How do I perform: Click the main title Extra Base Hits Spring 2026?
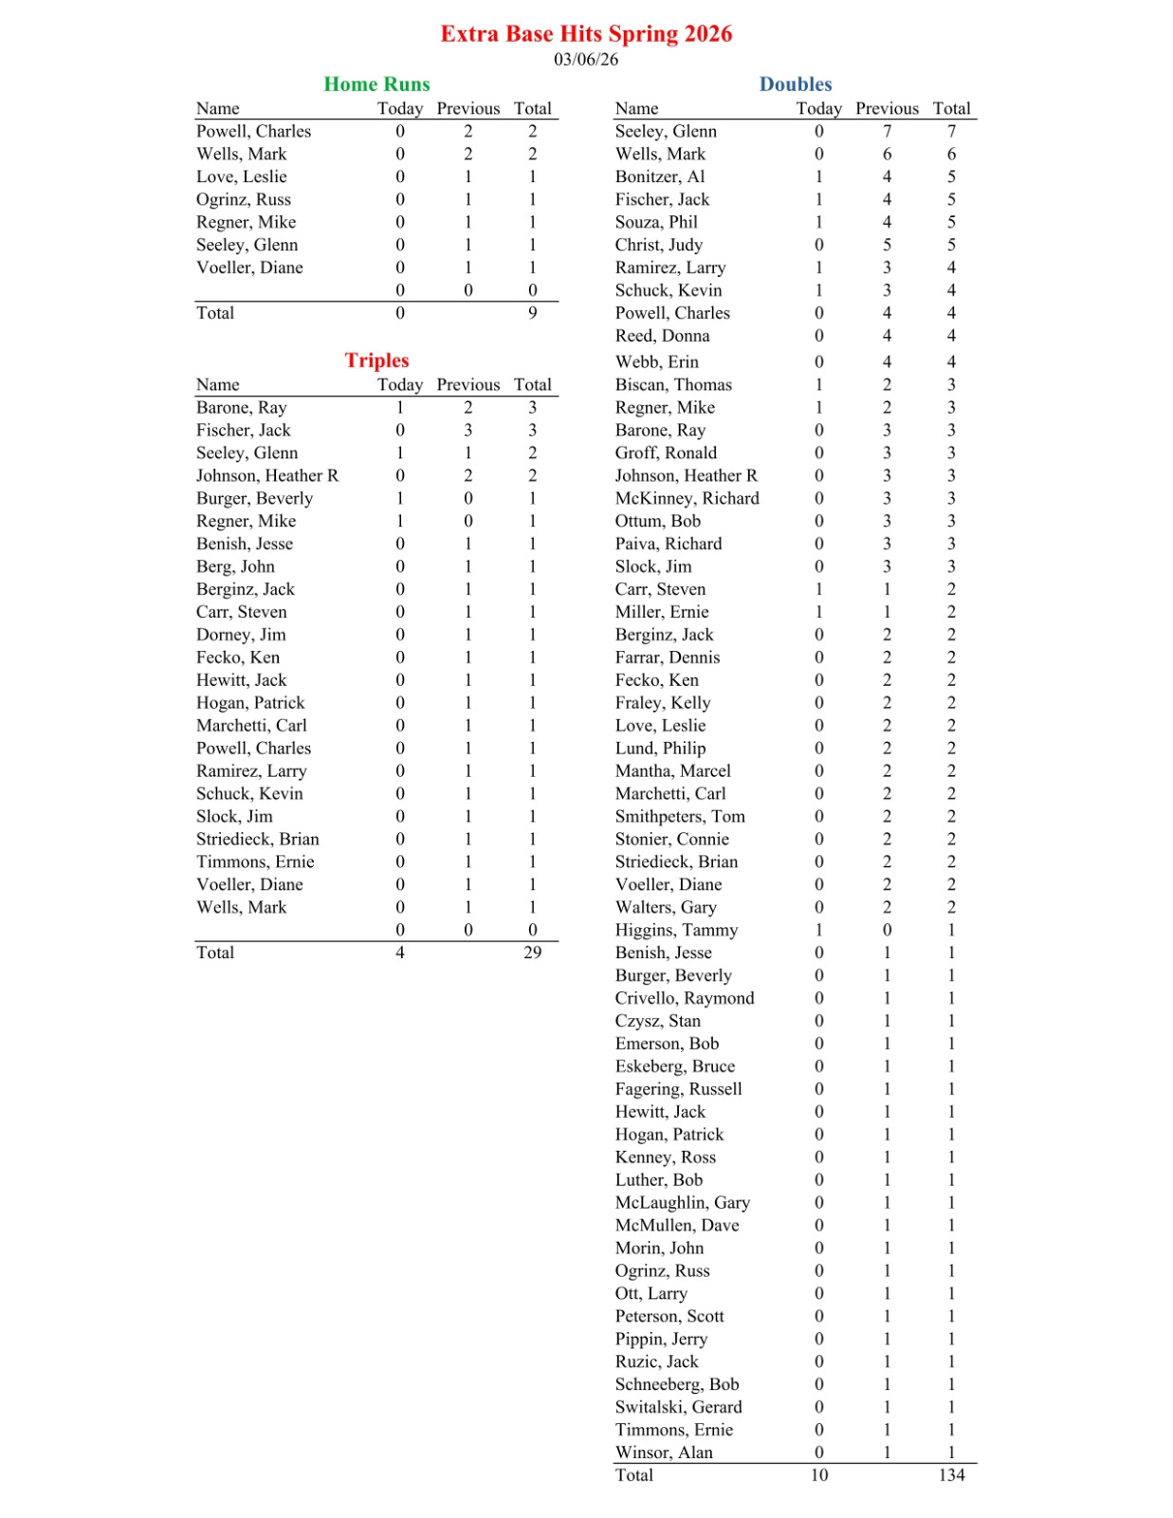click(x=586, y=34)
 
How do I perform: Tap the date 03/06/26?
click(x=586, y=60)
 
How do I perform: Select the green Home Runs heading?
click(x=376, y=84)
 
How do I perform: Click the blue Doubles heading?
click(x=796, y=84)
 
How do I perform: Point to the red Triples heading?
click(x=376, y=361)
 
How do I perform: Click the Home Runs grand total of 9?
click(x=533, y=313)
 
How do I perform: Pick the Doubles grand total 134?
click(x=951, y=1475)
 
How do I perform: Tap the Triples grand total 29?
click(x=533, y=953)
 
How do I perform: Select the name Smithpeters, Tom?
click(x=680, y=817)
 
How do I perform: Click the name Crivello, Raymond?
click(x=685, y=998)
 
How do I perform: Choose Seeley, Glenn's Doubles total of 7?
click(x=951, y=132)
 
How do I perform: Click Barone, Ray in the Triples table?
click(x=241, y=408)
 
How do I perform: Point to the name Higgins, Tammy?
click(x=676, y=931)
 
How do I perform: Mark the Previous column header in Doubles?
click(x=887, y=109)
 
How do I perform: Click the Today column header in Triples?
click(x=400, y=385)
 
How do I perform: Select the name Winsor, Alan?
click(x=664, y=1453)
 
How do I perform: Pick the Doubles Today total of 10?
click(x=819, y=1475)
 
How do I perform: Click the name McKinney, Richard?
click(x=687, y=499)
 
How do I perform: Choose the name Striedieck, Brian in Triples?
click(x=258, y=840)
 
